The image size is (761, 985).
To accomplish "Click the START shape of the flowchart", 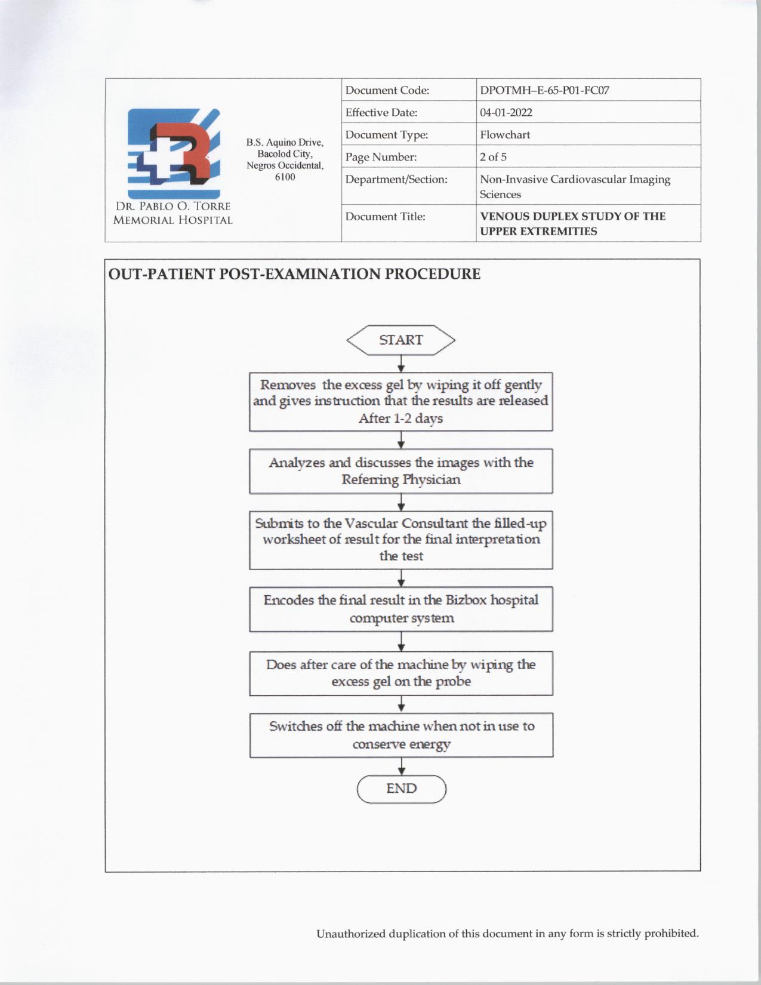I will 400,340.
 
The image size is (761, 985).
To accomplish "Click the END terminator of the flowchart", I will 401,789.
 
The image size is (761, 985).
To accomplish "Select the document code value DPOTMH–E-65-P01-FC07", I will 544,91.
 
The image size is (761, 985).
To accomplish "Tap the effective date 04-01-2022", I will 506,113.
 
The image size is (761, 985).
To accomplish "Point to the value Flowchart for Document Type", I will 504,135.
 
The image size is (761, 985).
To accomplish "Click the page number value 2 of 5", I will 493,157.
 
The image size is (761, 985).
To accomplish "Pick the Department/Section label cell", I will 396,180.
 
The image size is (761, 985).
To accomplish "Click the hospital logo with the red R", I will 174,153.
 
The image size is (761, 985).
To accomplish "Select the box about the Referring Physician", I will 400,471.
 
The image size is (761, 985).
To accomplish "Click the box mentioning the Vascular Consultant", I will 400,540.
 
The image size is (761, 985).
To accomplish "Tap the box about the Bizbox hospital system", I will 400,609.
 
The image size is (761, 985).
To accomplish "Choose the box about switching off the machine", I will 400,735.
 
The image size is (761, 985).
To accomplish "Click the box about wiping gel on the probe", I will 400,673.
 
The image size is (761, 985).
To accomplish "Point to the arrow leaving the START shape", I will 401,364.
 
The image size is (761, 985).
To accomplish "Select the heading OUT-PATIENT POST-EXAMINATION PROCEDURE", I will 294,274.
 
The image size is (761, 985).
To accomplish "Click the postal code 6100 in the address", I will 285,177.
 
